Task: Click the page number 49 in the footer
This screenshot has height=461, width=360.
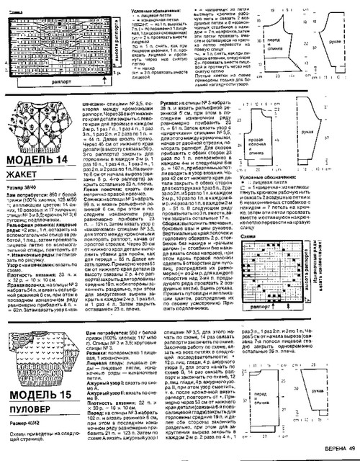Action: tap(351, 452)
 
